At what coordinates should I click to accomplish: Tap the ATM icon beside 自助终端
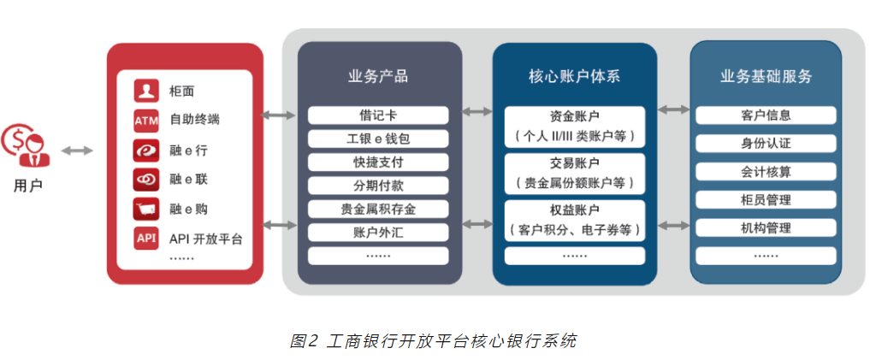[x=146, y=121]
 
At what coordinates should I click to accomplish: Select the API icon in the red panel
[x=146, y=239]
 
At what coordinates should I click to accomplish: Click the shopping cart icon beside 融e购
[x=146, y=209]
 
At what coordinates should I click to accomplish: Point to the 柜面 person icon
[x=146, y=91]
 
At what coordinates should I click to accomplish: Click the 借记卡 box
[x=377, y=115]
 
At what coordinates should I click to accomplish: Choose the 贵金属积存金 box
[x=377, y=209]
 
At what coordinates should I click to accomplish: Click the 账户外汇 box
[x=377, y=232]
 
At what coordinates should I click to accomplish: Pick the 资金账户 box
[x=574, y=125]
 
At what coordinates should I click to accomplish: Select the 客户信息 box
[x=766, y=115]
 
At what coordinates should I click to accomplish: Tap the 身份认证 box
[x=766, y=144]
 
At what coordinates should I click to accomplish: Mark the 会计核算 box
[x=766, y=172]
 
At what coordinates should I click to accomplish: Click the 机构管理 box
[x=766, y=228]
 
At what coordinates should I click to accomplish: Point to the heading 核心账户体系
[x=574, y=76]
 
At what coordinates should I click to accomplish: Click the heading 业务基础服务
[x=766, y=76]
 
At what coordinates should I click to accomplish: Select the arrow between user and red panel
[x=77, y=150]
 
